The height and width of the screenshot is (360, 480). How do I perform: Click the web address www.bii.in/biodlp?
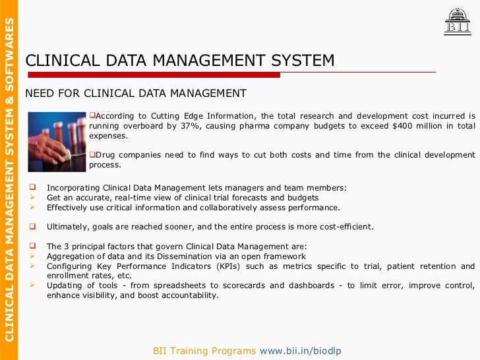[x=301, y=351]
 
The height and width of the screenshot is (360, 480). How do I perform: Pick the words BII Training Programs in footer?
[x=204, y=351]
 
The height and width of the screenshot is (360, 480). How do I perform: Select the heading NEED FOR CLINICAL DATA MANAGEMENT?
[x=136, y=93]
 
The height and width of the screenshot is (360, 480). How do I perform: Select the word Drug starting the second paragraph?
[x=105, y=155]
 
